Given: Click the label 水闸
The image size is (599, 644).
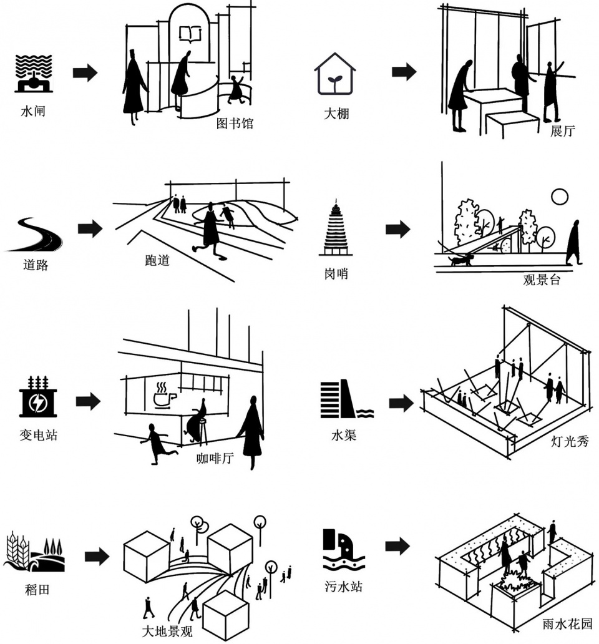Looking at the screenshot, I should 33,112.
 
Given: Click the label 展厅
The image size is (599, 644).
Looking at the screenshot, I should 562,131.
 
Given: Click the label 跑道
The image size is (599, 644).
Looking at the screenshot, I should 157,260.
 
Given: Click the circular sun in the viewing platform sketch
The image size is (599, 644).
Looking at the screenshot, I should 560,198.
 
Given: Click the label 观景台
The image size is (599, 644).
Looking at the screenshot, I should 542,280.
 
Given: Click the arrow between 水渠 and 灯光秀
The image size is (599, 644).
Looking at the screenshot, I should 401,403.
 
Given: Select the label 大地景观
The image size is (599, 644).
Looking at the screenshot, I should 167,631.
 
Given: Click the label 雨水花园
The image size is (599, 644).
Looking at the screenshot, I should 567,624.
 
